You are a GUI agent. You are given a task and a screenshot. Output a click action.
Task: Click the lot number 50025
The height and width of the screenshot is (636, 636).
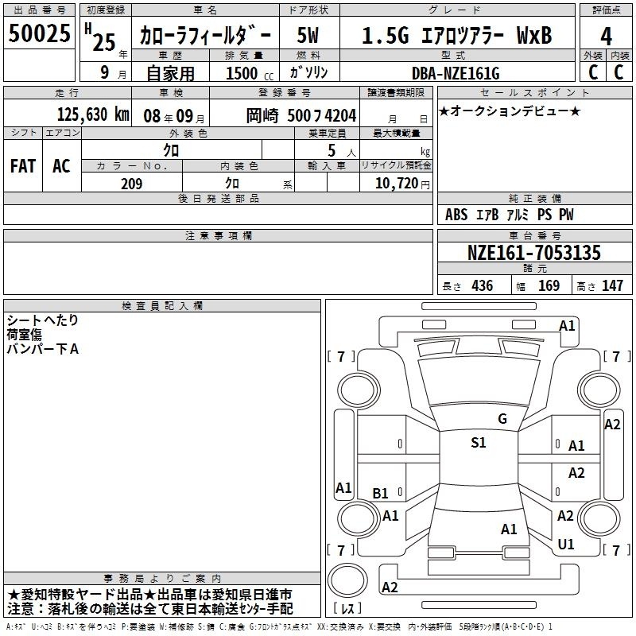[39, 33]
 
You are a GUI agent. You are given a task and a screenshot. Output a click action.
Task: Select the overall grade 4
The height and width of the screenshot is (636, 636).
[606, 37]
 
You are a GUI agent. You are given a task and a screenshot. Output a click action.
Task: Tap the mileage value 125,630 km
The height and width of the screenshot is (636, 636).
[93, 114]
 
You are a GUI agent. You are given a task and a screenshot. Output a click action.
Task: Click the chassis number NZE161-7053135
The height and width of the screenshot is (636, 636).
[533, 253]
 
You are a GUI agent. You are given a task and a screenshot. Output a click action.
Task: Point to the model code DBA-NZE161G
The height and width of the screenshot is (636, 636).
[456, 73]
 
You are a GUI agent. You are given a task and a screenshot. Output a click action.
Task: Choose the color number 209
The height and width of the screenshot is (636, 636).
[131, 184]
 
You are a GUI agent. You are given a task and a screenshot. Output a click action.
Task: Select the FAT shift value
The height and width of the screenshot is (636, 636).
[23, 166]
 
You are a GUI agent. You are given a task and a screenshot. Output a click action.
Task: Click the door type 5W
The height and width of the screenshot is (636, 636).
[308, 35]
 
